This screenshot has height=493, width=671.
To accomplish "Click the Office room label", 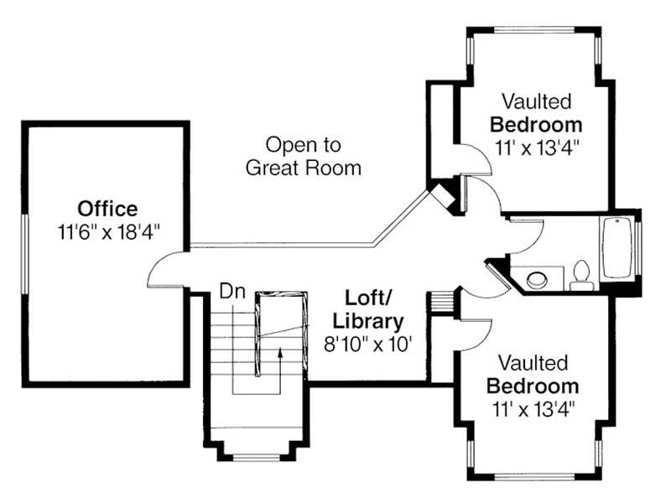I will [107, 208].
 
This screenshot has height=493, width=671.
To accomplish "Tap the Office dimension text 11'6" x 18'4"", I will [107, 231].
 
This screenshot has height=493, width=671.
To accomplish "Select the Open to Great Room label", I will [303, 155].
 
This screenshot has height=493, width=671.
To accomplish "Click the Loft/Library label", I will [367, 309].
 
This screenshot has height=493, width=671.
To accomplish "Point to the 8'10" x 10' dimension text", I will [367, 343].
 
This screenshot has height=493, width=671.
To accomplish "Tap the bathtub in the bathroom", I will [617, 248].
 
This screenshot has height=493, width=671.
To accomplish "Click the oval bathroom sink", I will [534, 277].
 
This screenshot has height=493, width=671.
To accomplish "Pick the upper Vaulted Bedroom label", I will [537, 113].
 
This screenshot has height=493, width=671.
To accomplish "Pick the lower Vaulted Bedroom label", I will [533, 376].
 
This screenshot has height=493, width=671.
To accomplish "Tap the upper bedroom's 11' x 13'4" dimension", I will [537, 147].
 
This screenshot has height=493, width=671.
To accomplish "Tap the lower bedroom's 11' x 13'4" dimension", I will [533, 409].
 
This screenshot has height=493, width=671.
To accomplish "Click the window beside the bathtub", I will [639, 249].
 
